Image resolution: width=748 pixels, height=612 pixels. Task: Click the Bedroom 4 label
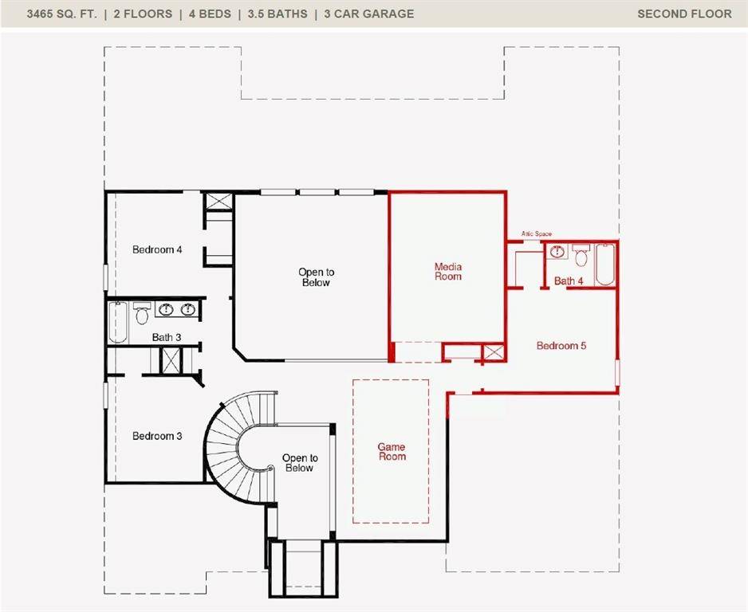pos(157,249)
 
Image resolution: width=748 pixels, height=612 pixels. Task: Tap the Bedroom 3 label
pos(157,436)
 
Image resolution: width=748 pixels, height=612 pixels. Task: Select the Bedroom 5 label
pos(561,346)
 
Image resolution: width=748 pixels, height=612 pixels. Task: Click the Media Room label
pos(448,272)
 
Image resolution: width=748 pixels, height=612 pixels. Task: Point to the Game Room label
pos(392,452)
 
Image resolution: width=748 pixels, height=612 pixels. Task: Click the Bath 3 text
pos(167,337)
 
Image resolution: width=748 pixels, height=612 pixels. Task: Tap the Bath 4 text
pos(569,280)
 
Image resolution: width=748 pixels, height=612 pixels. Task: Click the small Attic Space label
pos(537,233)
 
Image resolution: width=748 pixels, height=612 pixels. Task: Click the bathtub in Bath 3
pos(118,323)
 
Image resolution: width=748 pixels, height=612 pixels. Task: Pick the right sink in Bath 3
pos(188,310)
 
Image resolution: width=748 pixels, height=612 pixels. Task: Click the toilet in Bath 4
pos(581,257)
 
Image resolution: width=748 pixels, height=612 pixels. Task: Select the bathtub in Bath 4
pos(605,265)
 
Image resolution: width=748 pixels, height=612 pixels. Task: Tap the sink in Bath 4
pos(557,253)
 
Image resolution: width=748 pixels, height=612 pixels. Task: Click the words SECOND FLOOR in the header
pos(684,14)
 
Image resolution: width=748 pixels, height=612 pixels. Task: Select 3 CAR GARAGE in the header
pos(368,14)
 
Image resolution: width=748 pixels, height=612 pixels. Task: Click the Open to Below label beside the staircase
pos(300,463)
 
